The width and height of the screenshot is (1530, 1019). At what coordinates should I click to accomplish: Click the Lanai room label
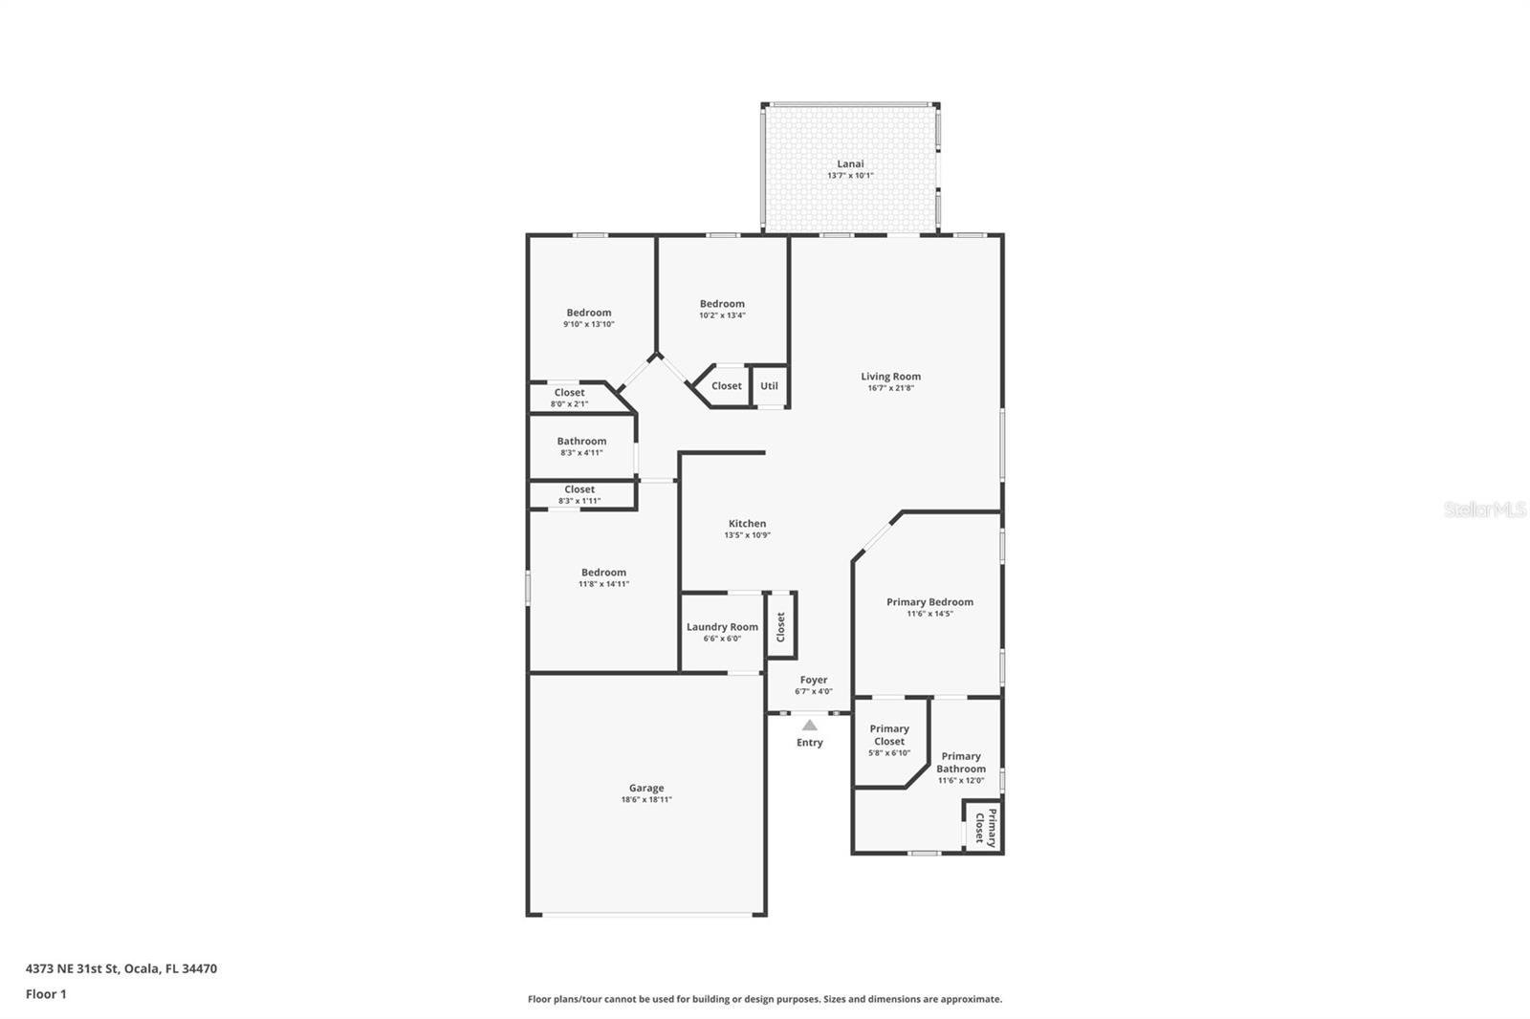pyautogui.click(x=850, y=164)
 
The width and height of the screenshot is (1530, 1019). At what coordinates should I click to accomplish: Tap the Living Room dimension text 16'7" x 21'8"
pyautogui.click(x=890, y=388)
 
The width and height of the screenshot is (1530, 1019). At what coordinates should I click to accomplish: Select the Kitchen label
pyautogui.click(x=747, y=524)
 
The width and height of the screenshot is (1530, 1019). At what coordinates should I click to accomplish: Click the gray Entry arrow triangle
pyautogui.click(x=810, y=726)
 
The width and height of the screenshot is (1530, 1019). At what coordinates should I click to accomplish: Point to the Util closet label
pyautogui.click(x=769, y=386)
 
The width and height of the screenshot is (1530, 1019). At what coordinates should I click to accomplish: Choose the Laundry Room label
pyautogui.click(x=722, y=627)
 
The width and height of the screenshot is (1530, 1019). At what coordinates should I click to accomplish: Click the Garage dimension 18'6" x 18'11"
pyautogui.click(x=646, y=800)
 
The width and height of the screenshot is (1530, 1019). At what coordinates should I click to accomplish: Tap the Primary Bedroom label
pyautogui.click(x=929, y=602)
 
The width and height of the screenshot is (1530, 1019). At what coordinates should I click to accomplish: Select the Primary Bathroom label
pyautogui.click(x=960, y=762)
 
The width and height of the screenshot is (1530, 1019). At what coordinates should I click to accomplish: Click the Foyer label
pyautogui.click(x=814, y=681)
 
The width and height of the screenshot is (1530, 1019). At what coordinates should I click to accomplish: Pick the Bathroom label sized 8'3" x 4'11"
pyautogui.click(x=581, y=442)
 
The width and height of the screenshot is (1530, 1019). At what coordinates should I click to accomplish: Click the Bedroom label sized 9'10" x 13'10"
pyautogui.click(x=588, y=313)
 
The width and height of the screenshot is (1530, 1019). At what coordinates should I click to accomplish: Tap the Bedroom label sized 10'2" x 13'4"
pyautogui.click(x=722, y=304)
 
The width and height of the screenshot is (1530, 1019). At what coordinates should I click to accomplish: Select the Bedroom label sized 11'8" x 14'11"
pyautogui.click(x=603, y=573)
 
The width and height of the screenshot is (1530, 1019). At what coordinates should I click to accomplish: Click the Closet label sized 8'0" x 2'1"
pyautogui.click(x=569, y=393)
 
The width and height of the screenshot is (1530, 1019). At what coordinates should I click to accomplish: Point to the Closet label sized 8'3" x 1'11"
pyautogui.click(x=579, y=489)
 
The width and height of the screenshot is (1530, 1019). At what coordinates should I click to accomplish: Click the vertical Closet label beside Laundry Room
pyautogui.click(x=780, y=627)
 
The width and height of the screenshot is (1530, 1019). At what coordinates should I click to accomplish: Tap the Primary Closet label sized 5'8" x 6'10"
pyautogui.click(x=889, y=735)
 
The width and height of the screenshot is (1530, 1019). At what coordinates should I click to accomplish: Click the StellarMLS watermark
pyautogui.click(x=1484, y=509)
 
